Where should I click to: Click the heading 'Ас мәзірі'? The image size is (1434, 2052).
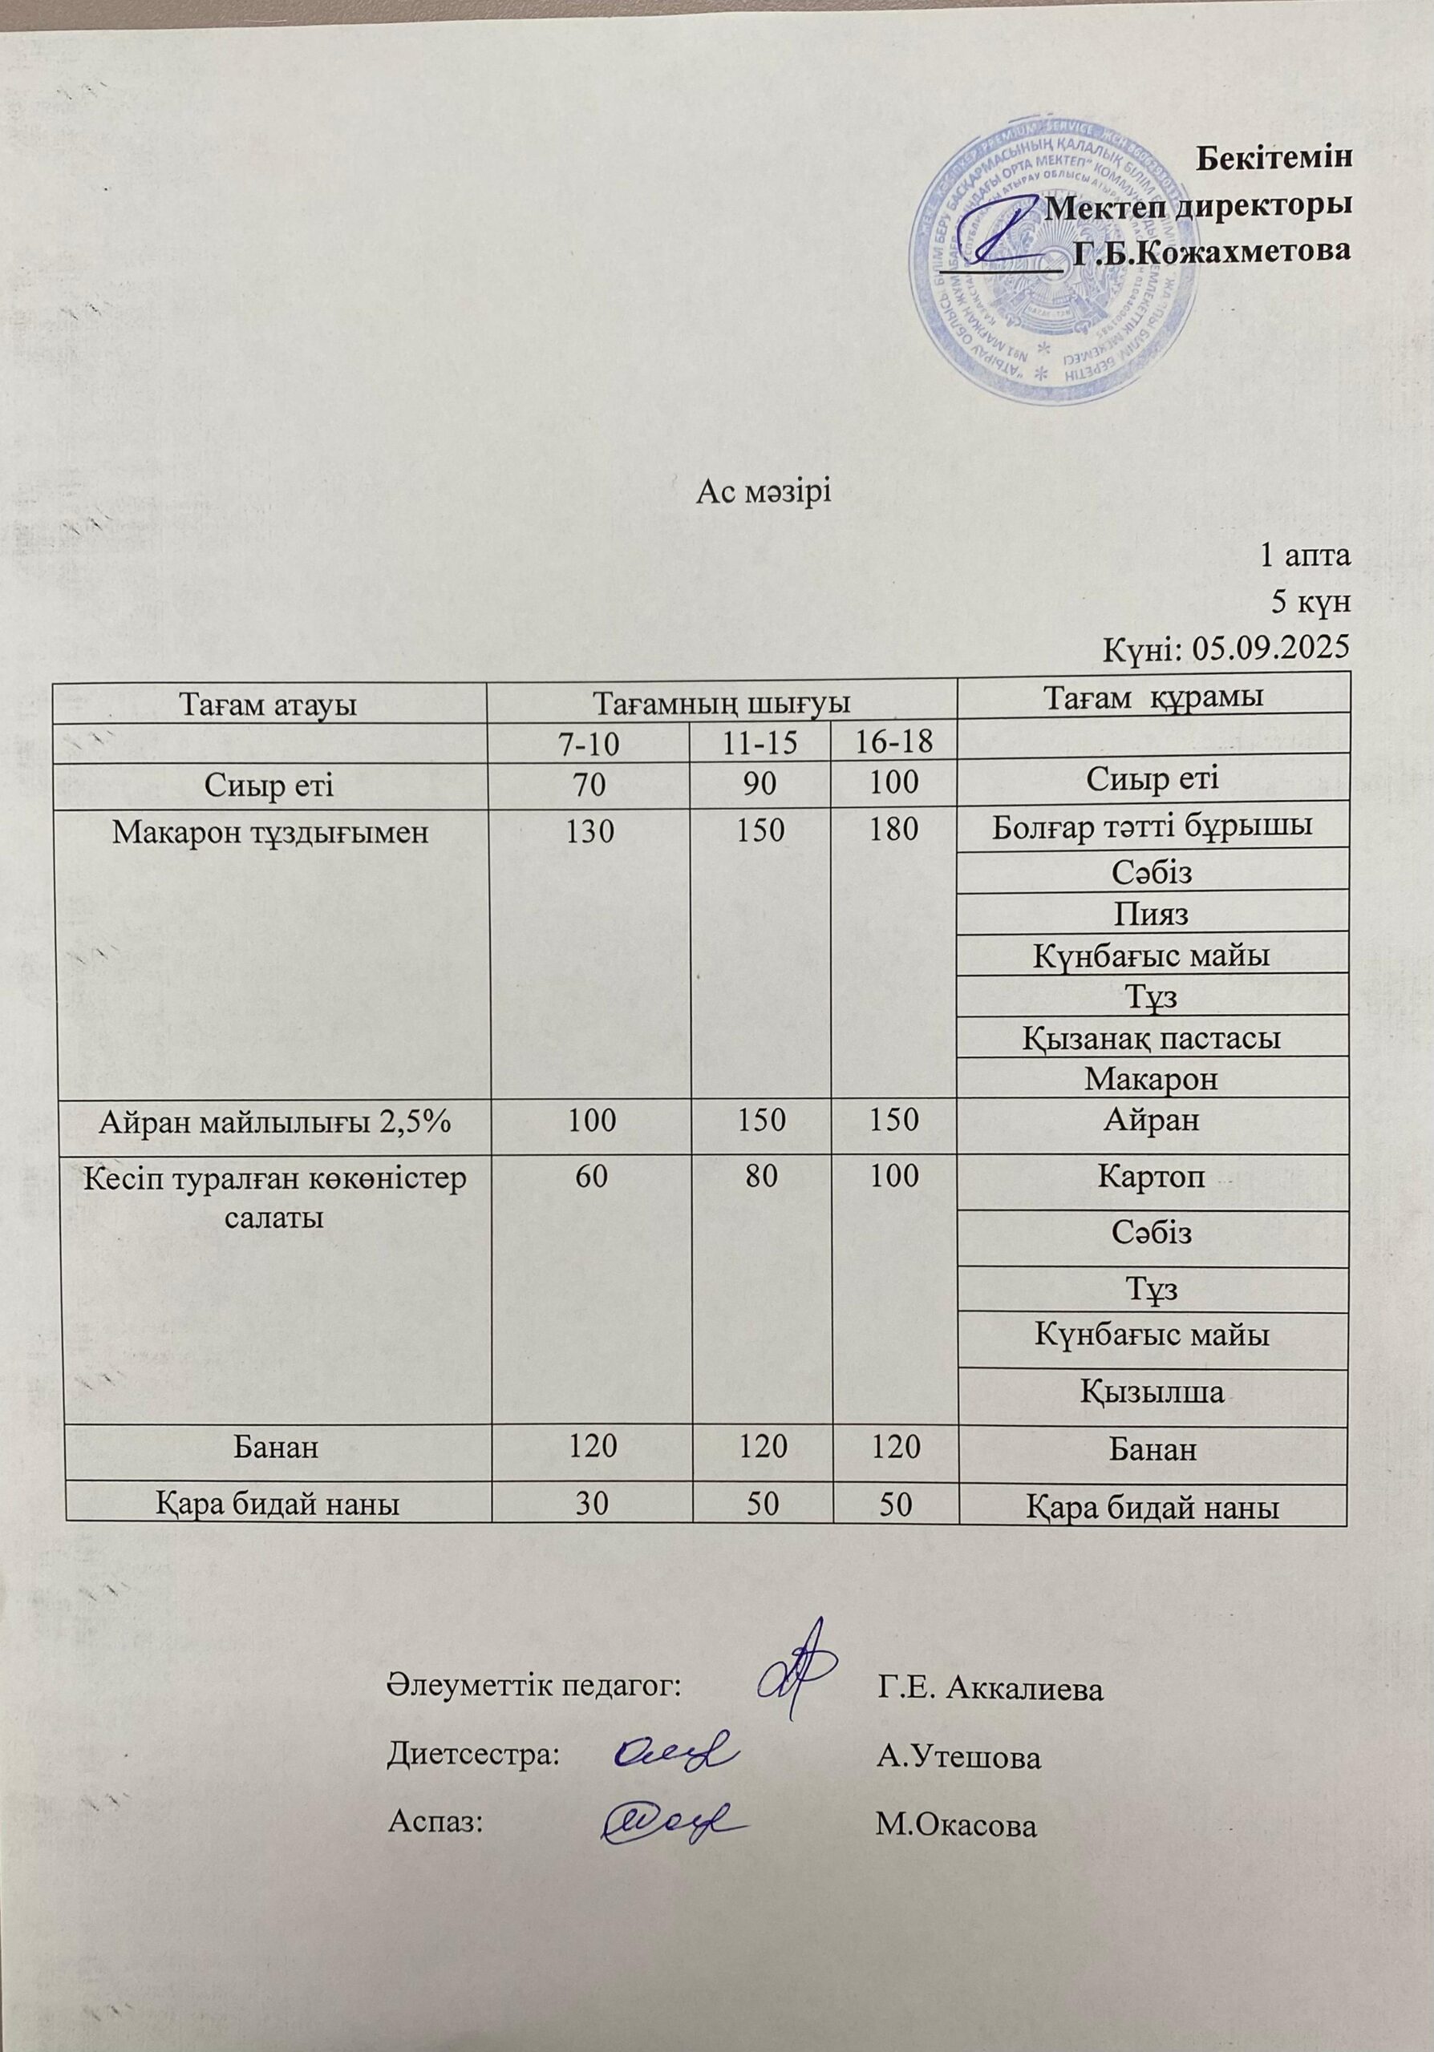click(x=764, y=492)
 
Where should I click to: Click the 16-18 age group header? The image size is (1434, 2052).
click(x=893, y=741)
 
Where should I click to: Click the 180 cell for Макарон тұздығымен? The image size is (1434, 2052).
click(x=893, y=831)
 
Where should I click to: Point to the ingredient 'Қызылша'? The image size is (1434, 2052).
click(x=1152, y=1392)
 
